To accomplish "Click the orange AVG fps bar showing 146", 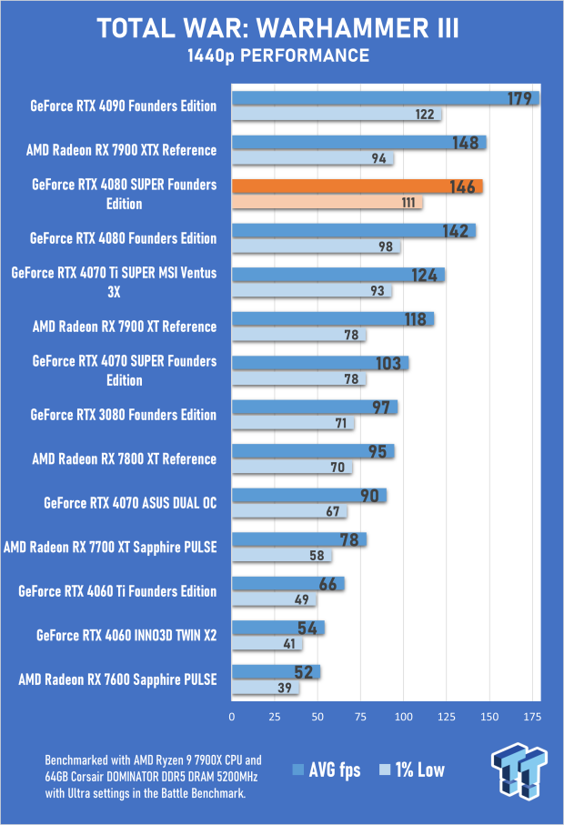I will point(357,186).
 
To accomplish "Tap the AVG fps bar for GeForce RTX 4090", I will point(385,98).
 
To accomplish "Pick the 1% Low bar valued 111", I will point(327,202).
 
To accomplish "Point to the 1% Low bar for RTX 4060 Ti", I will point(274,599).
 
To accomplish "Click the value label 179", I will point(519,98).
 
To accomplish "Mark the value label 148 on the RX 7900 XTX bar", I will point(465,142).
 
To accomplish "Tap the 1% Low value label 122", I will point(425,115).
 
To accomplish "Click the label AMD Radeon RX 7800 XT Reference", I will point(125,459).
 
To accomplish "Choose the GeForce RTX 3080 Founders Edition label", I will point(124,415).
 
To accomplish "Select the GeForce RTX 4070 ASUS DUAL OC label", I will point(130,503).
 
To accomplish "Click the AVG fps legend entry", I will point(327,770).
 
